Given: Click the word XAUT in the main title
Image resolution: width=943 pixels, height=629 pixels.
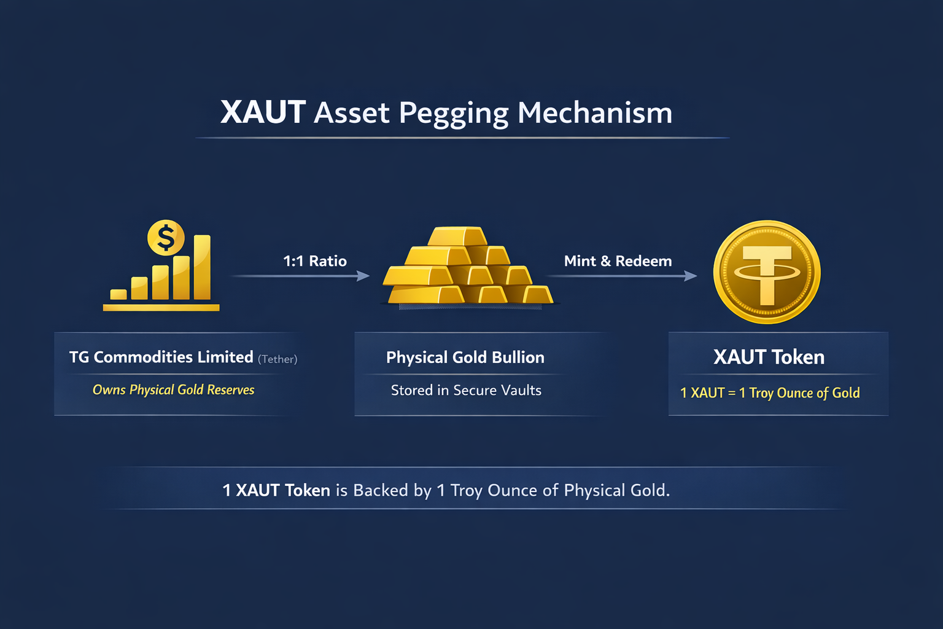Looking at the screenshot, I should [x=263, y=112].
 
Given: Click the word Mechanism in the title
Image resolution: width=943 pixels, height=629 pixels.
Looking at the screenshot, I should [x=595, y=113].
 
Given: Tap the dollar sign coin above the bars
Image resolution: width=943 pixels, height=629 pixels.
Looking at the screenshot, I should [x=166, y=238].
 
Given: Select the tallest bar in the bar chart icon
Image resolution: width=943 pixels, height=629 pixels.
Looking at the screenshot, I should [x=202, y=267].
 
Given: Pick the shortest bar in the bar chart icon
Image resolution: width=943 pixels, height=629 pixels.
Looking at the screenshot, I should [x=118, y=294].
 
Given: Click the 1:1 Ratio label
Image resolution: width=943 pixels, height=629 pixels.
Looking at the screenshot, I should [x=315, y=261].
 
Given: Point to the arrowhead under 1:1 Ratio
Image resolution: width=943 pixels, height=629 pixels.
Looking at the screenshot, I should [x=363, y=276].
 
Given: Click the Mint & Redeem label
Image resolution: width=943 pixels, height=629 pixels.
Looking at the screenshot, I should [x=618, y=261].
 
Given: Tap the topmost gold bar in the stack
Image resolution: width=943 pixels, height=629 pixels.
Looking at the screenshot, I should [x=457, y=236].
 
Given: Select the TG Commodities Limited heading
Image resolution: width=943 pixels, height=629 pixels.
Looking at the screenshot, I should [x=161, y=357].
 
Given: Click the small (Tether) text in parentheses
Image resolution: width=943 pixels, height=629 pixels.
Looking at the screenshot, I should [x=277, y=359].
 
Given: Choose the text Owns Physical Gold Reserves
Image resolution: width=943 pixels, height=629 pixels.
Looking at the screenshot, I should [x=173, y=390].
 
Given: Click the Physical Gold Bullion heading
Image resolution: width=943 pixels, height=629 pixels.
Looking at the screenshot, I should [x=465, y=357].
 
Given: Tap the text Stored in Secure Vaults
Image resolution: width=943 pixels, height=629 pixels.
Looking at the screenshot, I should [x=466, y=391].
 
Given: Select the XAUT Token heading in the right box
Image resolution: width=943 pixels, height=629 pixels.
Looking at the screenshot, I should [x=769, y=357].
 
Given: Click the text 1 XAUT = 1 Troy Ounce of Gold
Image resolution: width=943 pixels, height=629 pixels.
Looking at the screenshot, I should [x=770, y=393].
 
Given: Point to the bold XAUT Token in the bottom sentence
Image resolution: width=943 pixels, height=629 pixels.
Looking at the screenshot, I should [x=276, y=490].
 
